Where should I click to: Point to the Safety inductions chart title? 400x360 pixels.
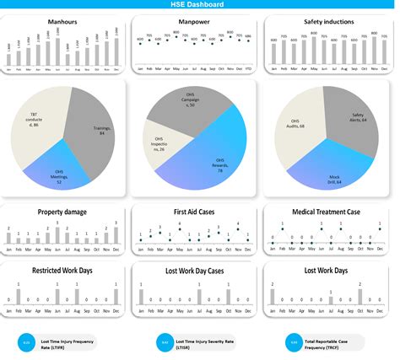coord(328,22)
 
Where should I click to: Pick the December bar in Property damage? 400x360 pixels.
coord(116,237)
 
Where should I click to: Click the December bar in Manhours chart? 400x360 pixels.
coord(116,56)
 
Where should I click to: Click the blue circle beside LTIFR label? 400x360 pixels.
coord(26,342)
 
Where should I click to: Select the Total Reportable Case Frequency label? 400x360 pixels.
coord(333,342)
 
